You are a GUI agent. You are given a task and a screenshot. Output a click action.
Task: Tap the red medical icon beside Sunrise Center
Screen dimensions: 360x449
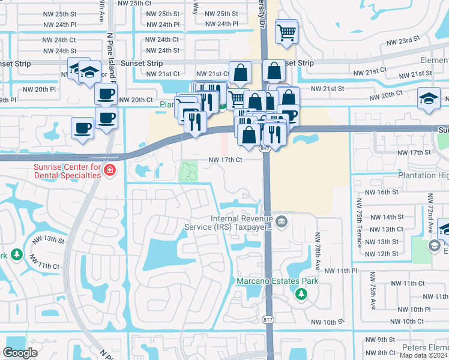click(109, 171)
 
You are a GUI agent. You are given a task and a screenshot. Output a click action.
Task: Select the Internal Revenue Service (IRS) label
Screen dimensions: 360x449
click(241, 223)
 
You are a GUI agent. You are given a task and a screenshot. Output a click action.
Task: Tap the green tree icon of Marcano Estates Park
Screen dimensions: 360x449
click(301, 294)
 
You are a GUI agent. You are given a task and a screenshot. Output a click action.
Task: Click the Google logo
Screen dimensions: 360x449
click(20, 353)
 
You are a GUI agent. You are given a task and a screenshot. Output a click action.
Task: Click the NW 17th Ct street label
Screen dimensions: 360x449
click(225, 160)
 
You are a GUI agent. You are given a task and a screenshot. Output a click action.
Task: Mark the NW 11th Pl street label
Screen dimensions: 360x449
click(341, 271)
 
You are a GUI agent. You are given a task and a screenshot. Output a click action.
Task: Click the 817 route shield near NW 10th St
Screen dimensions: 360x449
click(268, 320)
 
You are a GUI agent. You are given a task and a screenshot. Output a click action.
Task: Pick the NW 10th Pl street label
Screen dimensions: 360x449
click(408, 309)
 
